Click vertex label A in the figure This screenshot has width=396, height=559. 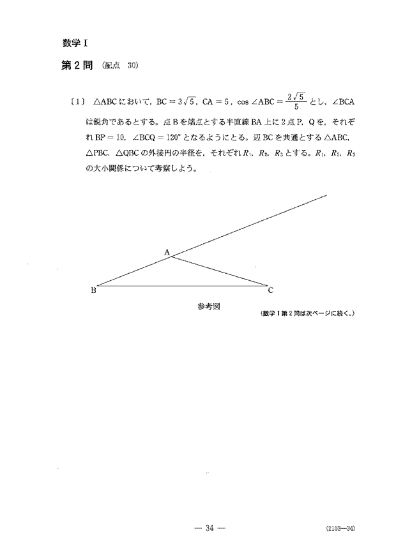tap(167, 253)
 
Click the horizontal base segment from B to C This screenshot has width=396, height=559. tap(182, 285)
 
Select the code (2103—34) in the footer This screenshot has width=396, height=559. tap(339, 529)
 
